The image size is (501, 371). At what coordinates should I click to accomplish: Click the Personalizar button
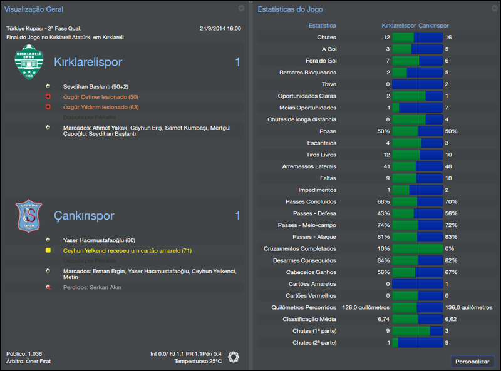point(473,362)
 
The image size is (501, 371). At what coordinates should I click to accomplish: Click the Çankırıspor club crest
point(28,216)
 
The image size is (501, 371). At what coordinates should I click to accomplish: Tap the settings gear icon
point(234,357)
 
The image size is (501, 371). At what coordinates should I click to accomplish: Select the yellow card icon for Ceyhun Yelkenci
point(48,250)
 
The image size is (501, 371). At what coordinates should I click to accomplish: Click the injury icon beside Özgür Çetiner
point(48,97)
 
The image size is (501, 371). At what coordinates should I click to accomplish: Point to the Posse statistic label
point(327,132)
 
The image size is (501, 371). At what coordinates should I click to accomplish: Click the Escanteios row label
point(321,143)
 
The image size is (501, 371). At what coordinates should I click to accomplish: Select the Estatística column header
point(322,26)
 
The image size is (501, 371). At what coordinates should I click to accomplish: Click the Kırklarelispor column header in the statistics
point(398,26)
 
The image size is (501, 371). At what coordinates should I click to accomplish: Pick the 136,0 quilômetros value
point(468,307)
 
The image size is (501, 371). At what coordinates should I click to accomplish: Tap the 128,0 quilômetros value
point(366,307)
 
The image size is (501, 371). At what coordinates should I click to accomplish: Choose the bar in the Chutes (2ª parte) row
point(417,343)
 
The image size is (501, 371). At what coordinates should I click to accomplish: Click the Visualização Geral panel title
point(33,9)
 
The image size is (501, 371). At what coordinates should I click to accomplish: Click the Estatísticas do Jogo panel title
point(291,9)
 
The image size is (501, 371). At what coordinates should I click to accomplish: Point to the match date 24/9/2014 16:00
point(220,29)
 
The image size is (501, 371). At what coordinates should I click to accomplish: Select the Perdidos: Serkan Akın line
point(92,287)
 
